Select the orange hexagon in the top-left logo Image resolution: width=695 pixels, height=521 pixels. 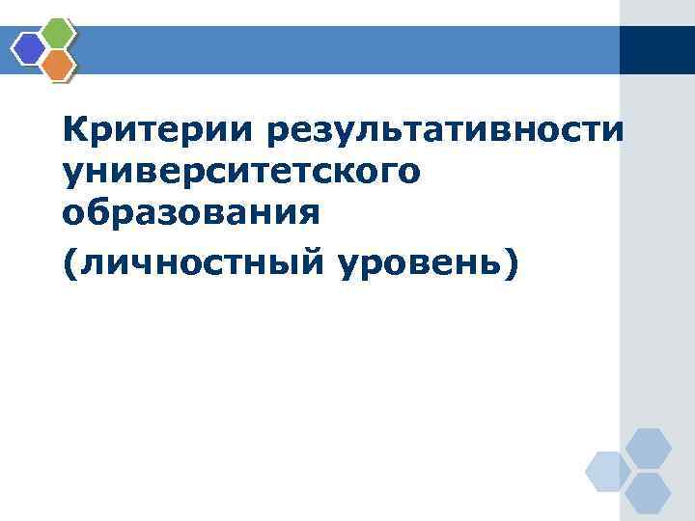(x=60, y=64)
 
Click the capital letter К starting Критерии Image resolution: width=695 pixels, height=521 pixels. (x=73, y=129)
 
